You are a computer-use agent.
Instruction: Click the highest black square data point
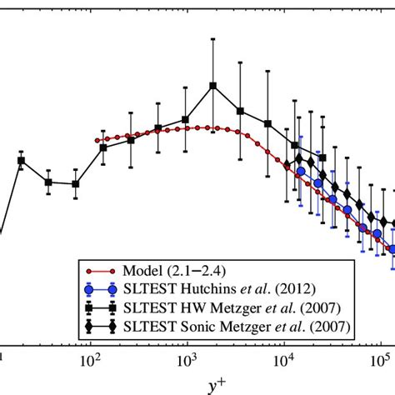(x=213, y=86)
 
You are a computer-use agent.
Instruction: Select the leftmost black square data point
(x=22, y=161)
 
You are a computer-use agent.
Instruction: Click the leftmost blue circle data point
(x=300, y=172)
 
